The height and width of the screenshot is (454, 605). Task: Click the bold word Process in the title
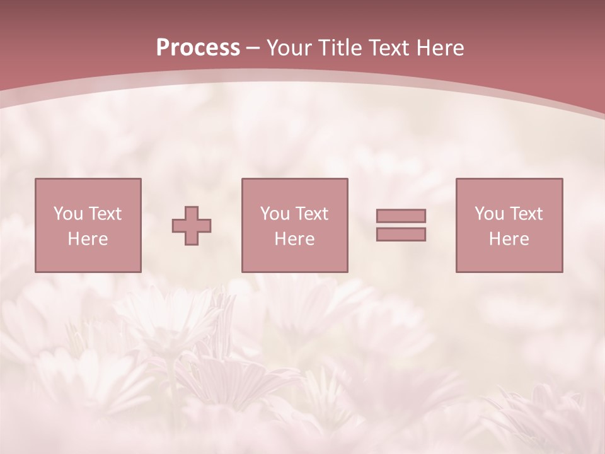[x=198, y=48]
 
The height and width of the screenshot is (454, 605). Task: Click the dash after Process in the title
[x=253, y=49]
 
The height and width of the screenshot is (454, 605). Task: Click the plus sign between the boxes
[x=192, y=226]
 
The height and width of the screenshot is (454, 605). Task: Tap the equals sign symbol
[x=401, y=225]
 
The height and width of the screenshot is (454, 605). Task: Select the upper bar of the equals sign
[x=401, y=216]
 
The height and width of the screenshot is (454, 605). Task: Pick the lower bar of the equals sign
[x=401, y=235]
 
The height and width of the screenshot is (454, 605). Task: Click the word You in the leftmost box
[x=67, y=214]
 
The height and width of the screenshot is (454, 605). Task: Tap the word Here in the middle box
[x=294, y=239]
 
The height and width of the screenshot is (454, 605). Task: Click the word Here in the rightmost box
[x=509, y=239]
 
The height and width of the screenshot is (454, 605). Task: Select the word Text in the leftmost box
[x=105, y=214]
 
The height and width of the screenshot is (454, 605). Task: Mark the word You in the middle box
[x=274, y=214]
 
